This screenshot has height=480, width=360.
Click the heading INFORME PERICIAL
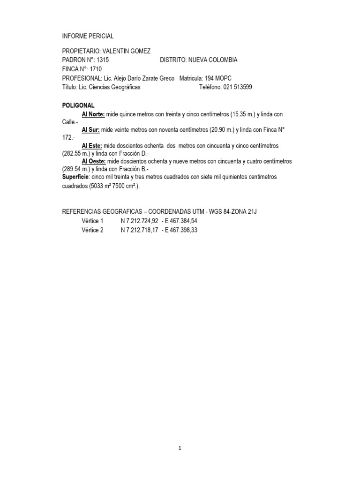pos(88,36)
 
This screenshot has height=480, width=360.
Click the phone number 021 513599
pos(237,87)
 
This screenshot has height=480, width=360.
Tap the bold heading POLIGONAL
pos(78,105)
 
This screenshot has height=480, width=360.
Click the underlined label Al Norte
pos(94,114)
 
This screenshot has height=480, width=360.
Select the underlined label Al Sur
pos(91,130)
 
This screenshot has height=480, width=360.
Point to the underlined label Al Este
pos(92,146)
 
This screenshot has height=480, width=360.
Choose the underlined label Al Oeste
pos(94,161)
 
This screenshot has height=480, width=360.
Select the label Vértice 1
pos(92,221)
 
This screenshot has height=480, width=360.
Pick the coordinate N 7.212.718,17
pos(139,230)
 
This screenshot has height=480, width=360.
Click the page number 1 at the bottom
pos(180,448)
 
